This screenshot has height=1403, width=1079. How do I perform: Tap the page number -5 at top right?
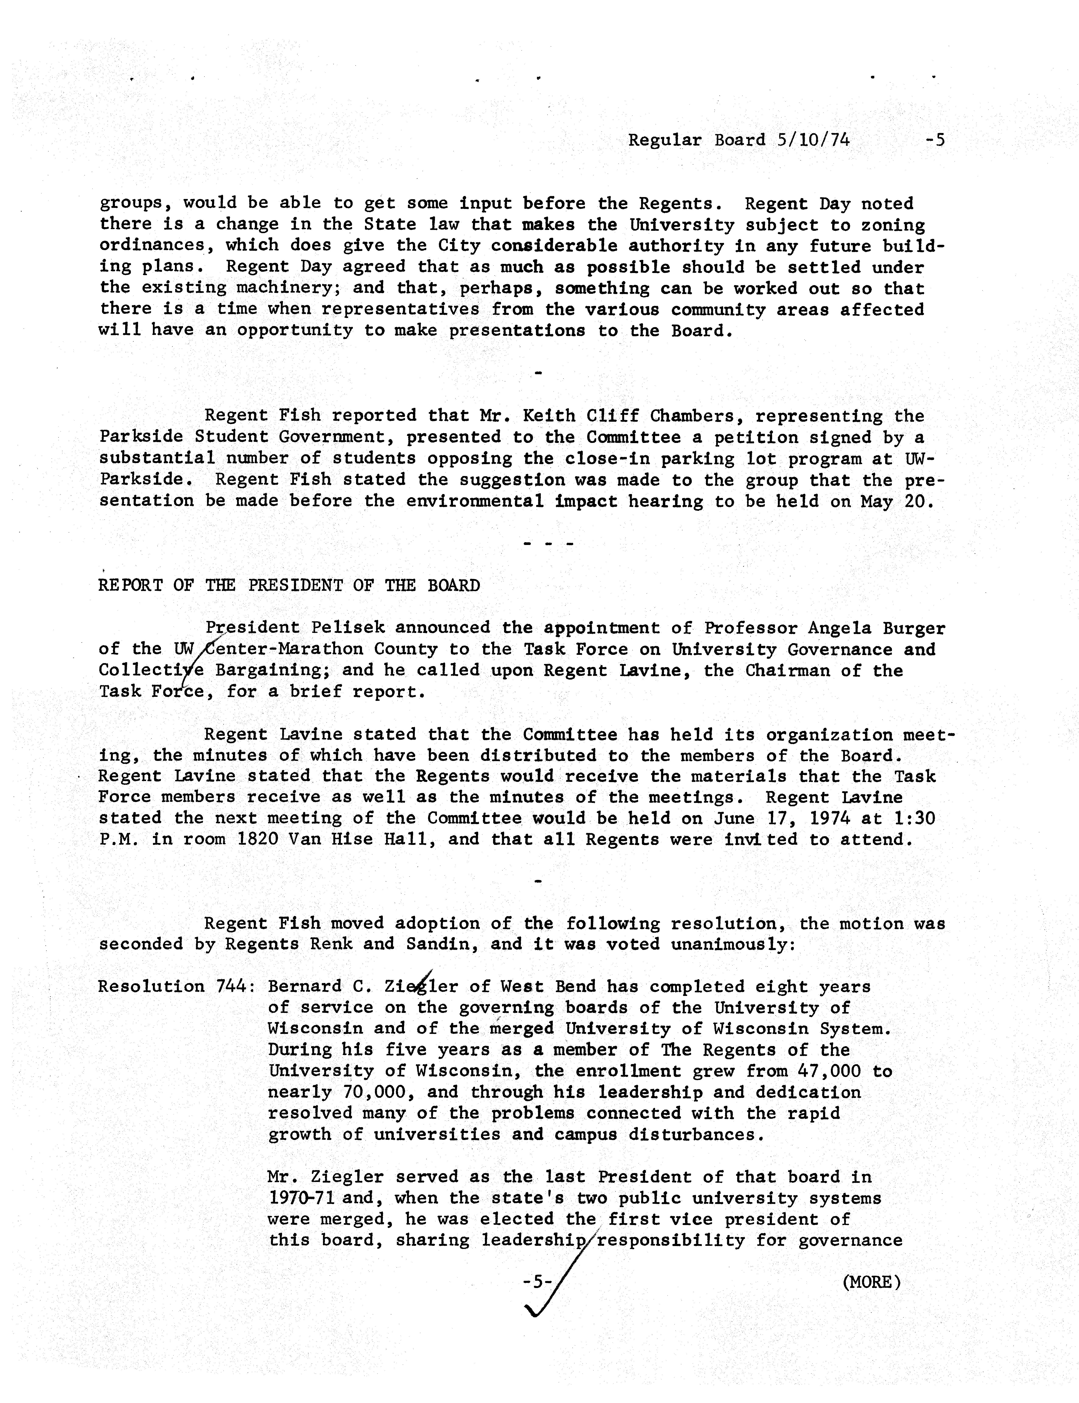(x=935, y=140)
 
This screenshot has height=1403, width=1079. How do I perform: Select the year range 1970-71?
(x=299, y=1198)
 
